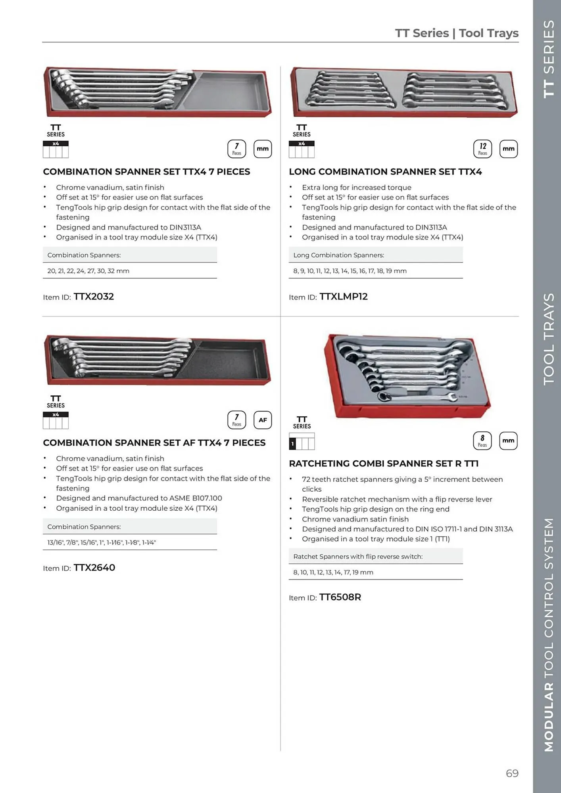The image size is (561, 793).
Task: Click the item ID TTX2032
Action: tap(94, 297)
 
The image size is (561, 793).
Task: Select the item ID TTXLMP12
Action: tap(343, 297)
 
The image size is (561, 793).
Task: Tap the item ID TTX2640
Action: tap(94, 568)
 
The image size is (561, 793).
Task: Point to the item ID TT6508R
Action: tap(340, 597)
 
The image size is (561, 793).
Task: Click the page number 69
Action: tap(512, 773)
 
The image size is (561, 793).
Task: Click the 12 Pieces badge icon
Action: tap(482, 149)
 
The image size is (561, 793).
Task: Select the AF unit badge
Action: tap(263, 420)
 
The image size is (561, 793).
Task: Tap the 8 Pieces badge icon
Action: tap(482, 441)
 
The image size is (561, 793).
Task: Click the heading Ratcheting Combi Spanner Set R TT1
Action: tap(384, 464)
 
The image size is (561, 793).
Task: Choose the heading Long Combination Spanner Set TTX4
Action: tap(385, 172)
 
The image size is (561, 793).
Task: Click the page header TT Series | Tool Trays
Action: tap(457, 33)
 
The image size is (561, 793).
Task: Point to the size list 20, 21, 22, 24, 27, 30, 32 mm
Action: tap(88, 271)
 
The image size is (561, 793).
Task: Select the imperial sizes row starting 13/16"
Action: tap(102, 542)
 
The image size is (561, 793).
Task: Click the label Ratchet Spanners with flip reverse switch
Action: tap(358, 557)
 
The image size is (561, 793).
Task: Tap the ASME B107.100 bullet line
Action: tap(139, 498)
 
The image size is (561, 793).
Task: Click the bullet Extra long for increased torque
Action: tap(356, 188)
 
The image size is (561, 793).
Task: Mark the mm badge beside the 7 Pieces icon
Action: tap(263, 149)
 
